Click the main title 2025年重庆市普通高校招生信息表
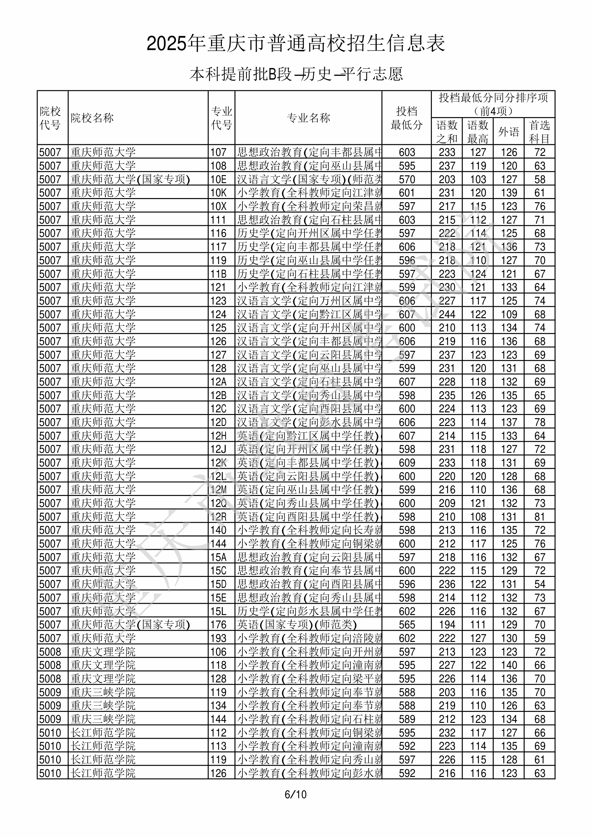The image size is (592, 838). [296, 44]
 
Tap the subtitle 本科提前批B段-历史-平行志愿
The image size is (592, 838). [296, 74]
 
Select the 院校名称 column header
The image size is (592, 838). [92, 118]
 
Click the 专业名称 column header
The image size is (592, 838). [308, 118]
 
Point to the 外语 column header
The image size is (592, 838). [509, 132]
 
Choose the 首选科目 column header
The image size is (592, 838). [540, 132]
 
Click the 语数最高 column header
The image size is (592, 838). [478, 132]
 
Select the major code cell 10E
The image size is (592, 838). [218, 179]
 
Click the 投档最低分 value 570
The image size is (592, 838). [407, 179]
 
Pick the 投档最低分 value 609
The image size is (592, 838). [407, 463]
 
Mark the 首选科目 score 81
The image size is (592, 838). [540, 517]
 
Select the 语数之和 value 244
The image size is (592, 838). [447, 314]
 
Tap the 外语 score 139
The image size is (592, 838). [509, 193]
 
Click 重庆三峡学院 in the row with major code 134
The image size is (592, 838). [103, 706]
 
